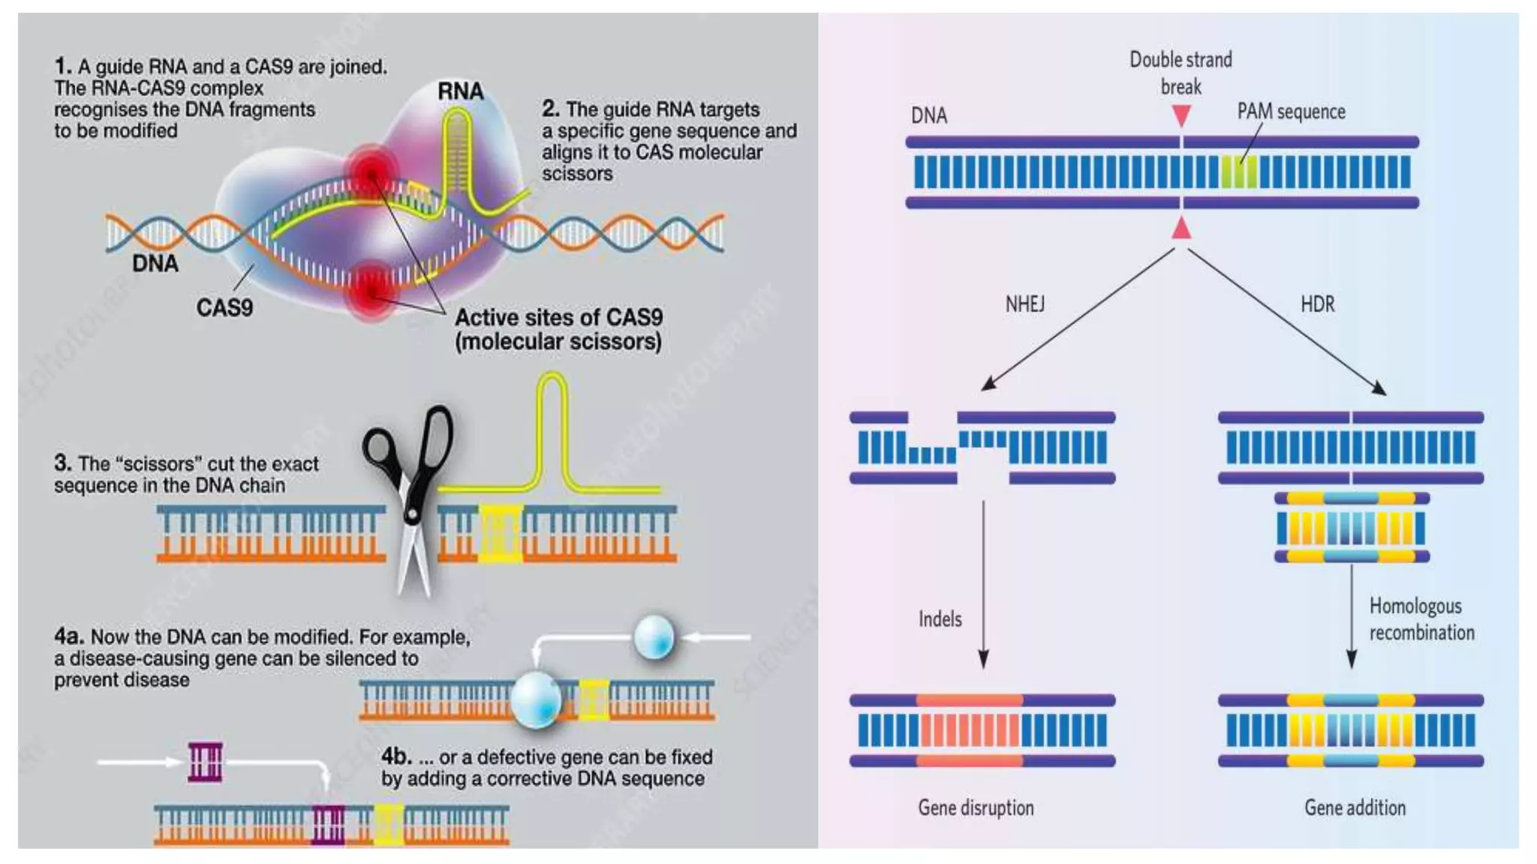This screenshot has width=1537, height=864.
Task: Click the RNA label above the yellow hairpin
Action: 460,91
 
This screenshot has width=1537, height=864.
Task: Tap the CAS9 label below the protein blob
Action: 224,307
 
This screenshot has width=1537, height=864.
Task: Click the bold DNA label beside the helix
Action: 155,263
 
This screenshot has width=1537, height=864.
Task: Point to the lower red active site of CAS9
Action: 371,289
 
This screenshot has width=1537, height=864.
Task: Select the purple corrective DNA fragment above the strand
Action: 205,762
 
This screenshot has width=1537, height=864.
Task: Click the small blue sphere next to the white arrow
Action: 654,637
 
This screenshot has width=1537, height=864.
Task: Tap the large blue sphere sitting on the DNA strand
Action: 536,699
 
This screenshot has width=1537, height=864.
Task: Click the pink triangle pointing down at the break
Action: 1181,115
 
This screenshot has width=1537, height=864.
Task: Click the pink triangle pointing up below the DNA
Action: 1181,227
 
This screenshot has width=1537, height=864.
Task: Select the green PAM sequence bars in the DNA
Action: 1238,172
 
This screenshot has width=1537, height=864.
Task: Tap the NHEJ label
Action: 1024,304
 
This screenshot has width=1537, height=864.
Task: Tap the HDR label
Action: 1317,304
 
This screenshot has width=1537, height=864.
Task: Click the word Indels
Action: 940,619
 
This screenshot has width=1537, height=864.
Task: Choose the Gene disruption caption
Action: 976,808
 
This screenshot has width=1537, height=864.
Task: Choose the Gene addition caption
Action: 1355,808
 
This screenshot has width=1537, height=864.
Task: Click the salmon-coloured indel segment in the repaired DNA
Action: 970,730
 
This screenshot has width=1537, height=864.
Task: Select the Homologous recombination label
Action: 1421,619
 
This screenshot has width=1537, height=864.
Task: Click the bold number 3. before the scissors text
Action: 62,463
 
